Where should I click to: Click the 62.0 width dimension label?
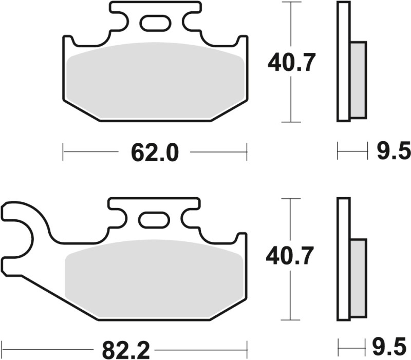[x=155, y=153]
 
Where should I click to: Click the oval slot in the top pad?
[x=155, y=24]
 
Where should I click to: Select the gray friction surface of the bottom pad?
[x=154, y=277]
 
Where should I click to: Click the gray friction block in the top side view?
[x=358, y=80]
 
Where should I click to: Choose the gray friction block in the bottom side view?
[x=358, y=277]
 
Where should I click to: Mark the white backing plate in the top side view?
[x=343, y=62]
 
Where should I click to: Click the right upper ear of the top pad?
[x=240, y=43]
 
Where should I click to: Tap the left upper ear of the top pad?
[x=69, y=43]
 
